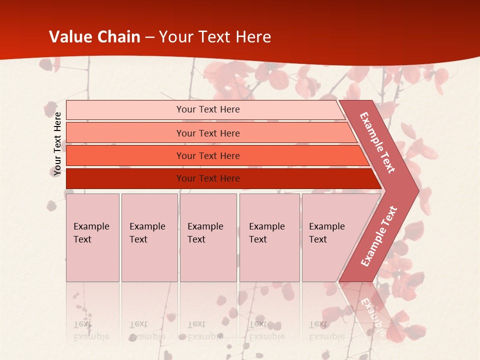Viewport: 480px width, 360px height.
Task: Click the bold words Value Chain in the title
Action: tap(94, 37)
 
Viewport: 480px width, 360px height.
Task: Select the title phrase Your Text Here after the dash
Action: tap(215, 37)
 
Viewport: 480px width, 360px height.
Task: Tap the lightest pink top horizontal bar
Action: tap(125, 110)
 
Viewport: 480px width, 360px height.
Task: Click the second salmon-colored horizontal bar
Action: tap(125, 133)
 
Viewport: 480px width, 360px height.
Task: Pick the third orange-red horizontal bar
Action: tap(125, 155)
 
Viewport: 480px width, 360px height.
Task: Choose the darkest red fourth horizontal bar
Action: tap(125, 178)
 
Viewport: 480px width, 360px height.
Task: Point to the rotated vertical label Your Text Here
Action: tap(57, 144)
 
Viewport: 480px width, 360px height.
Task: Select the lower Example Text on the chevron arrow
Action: tap(379, 236)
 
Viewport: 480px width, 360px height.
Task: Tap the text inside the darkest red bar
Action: tap(208, 178)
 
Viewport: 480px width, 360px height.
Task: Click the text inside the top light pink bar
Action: tap(208, 109)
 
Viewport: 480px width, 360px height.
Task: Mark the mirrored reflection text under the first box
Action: tap(91, 330)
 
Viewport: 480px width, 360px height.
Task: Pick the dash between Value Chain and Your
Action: tap(149, 37)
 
